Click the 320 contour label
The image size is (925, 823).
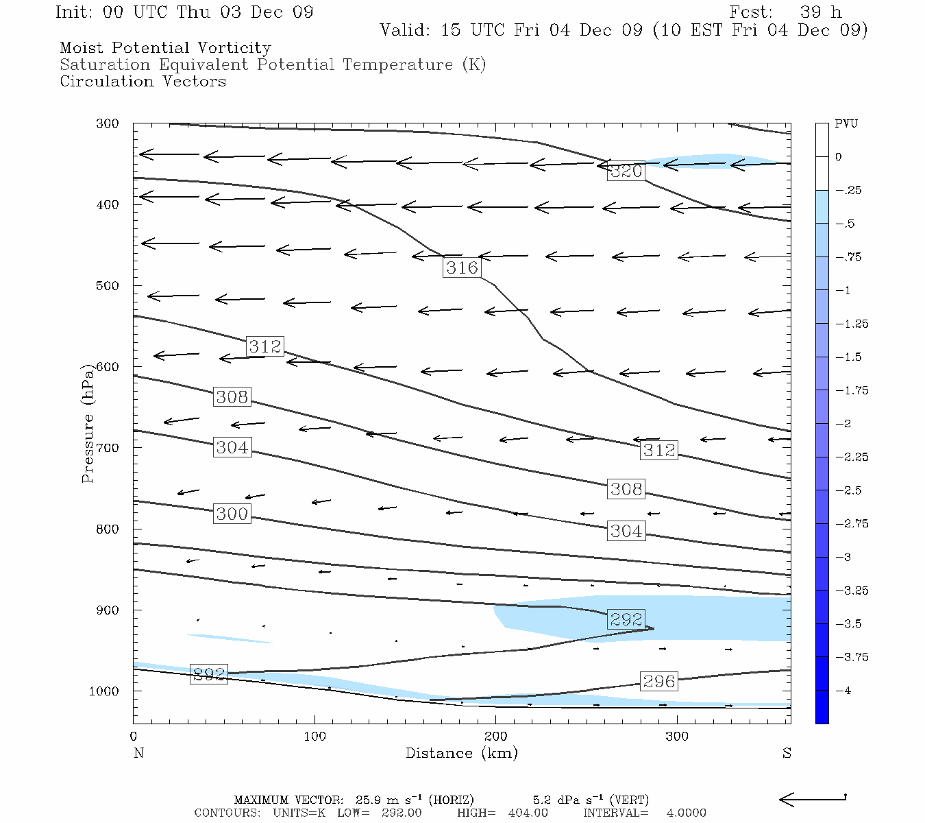626,171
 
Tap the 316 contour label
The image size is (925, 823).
462,267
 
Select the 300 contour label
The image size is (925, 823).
232,514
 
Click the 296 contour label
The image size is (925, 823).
659,681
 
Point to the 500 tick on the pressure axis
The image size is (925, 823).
107,286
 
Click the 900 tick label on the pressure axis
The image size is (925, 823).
107,610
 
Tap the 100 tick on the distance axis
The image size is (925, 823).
314,737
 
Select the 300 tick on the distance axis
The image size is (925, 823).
677,737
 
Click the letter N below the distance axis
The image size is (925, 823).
138,753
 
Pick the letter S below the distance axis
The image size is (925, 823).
787,753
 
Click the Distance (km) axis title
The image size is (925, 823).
462,753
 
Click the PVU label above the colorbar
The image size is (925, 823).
846,124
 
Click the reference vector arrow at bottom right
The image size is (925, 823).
813,798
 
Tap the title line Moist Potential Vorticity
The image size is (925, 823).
165,48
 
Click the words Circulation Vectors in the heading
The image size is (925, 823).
143,82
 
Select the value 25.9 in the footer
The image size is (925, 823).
367,800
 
